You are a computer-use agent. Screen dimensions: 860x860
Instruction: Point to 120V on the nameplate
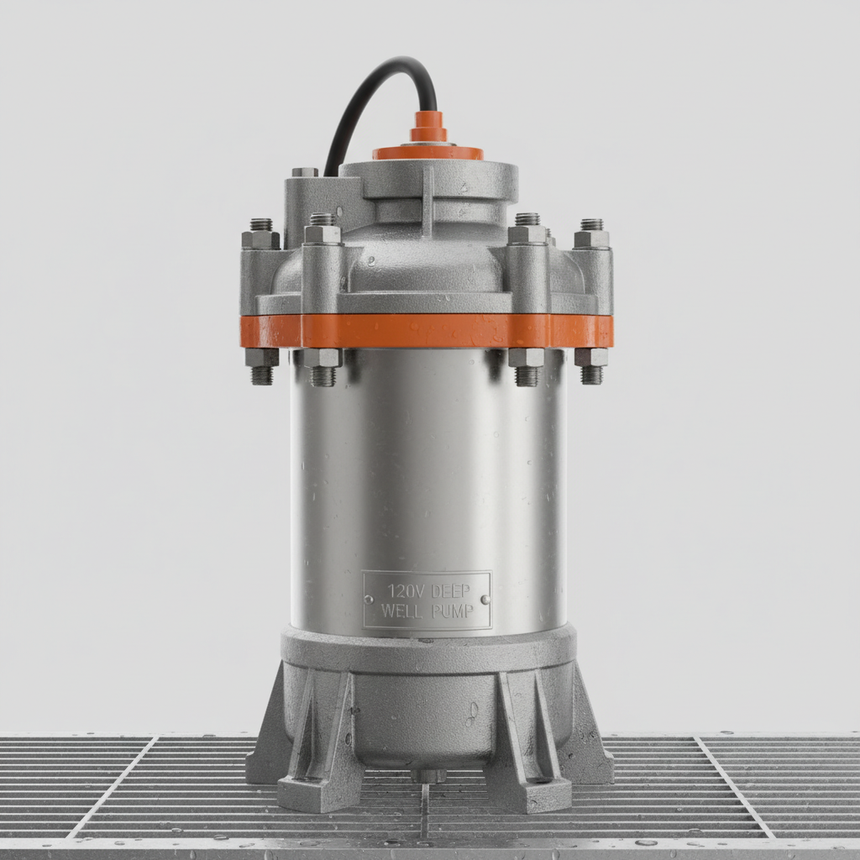(x=404, y=590)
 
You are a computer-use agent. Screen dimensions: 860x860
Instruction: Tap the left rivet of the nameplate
(x=370, y=600)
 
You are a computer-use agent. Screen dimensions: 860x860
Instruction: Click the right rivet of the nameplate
(x=485, y=600)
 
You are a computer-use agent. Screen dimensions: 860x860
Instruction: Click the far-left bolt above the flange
(x=261, y=234)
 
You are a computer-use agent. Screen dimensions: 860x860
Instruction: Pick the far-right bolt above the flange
(x=592, y=234)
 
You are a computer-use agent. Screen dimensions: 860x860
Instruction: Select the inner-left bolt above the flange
(x=322, y=229)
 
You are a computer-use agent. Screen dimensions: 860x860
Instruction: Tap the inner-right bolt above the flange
(x=527, y=229)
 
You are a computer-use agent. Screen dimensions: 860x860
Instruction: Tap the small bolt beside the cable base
(x=305, y=172)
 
